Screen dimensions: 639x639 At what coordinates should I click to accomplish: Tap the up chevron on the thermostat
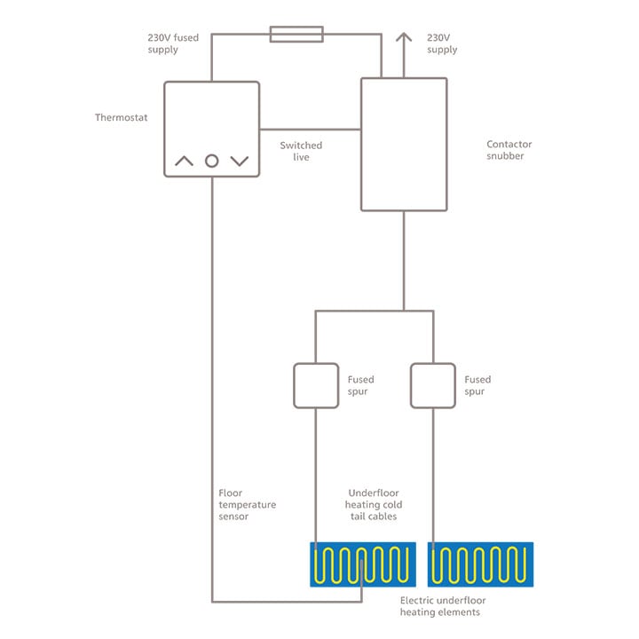pyautogui.click(x=184, y=161)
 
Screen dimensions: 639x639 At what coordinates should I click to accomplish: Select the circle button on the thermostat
pyautogui.click(x=211, y=161)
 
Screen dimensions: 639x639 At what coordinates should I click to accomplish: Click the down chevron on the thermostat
pyautogui.click(x=240, y=161)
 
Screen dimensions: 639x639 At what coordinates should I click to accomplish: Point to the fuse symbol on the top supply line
pyautogui.click(x=296, y=35)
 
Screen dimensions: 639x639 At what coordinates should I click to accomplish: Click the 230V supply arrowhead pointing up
pyautogui.click(x=404, y=38)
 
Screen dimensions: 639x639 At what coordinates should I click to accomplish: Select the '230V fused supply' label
pyautogui.click(x=174, y=44)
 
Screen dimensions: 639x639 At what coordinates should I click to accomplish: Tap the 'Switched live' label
pyautogui.click(x=301, y=151)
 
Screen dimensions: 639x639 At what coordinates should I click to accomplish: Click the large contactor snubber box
pyautogui.click(x=403, y=144)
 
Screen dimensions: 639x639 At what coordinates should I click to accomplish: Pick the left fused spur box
pyautogui.click(x=316, y=385)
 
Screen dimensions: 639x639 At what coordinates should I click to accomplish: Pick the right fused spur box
pyautogui.click(x=432, y=385)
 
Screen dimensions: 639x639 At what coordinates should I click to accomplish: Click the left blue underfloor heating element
pyautogui.click(x=362, y=564)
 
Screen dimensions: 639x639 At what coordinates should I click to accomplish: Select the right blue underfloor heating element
pyautogui.click(x=480, y=564)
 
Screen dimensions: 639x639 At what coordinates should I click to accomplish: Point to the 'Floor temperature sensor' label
pyautogui.click(x=247, y=505)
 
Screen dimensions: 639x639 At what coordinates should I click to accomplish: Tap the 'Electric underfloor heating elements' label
pyautogui.click(x=442, y=606)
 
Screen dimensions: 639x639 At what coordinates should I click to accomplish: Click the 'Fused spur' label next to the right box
pyautogui.click(x=477, y=385)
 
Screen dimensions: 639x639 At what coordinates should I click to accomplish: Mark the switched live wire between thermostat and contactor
pyautogui.click(x=311, y=130)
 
